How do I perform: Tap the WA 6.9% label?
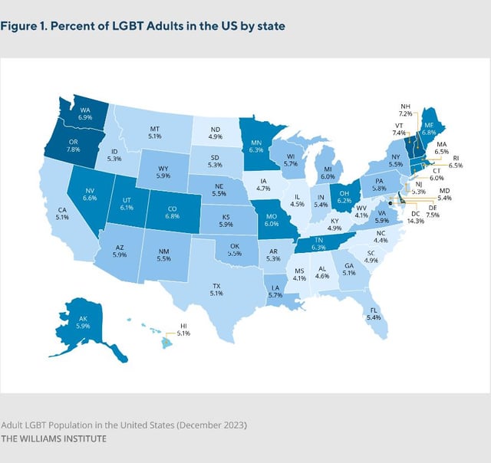click(86, 114)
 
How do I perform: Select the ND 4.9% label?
click(215, 133)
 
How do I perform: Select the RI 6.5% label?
click(453, 161)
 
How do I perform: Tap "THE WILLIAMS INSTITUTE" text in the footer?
click(54, 438)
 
